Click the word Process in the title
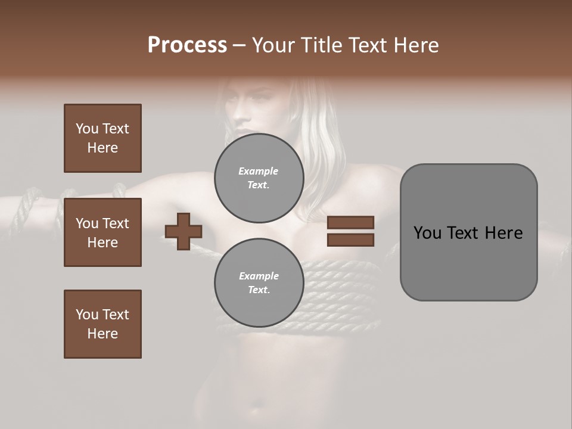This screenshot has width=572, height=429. coord(187,45)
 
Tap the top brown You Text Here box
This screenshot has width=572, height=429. coord(102,138)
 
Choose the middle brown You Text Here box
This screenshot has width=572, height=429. coord(102,232)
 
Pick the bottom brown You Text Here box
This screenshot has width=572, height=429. coord(102,324)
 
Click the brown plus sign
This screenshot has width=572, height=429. coord(184,231)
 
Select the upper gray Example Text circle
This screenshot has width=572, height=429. coord(259,178)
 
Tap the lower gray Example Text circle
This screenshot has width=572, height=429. coord(259,282)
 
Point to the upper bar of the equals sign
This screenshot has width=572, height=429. coord(351,222)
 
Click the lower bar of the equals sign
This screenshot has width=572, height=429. coord(351,240)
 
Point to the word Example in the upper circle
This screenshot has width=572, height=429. coord(259,171)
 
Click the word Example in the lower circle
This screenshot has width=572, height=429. coord(259,276)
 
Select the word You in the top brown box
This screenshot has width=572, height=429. coord(86,129)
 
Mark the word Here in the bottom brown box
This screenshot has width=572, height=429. coord(102,334)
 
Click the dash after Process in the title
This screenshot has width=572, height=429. coord(239,45)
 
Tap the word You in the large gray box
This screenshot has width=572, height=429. coord(427,233)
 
